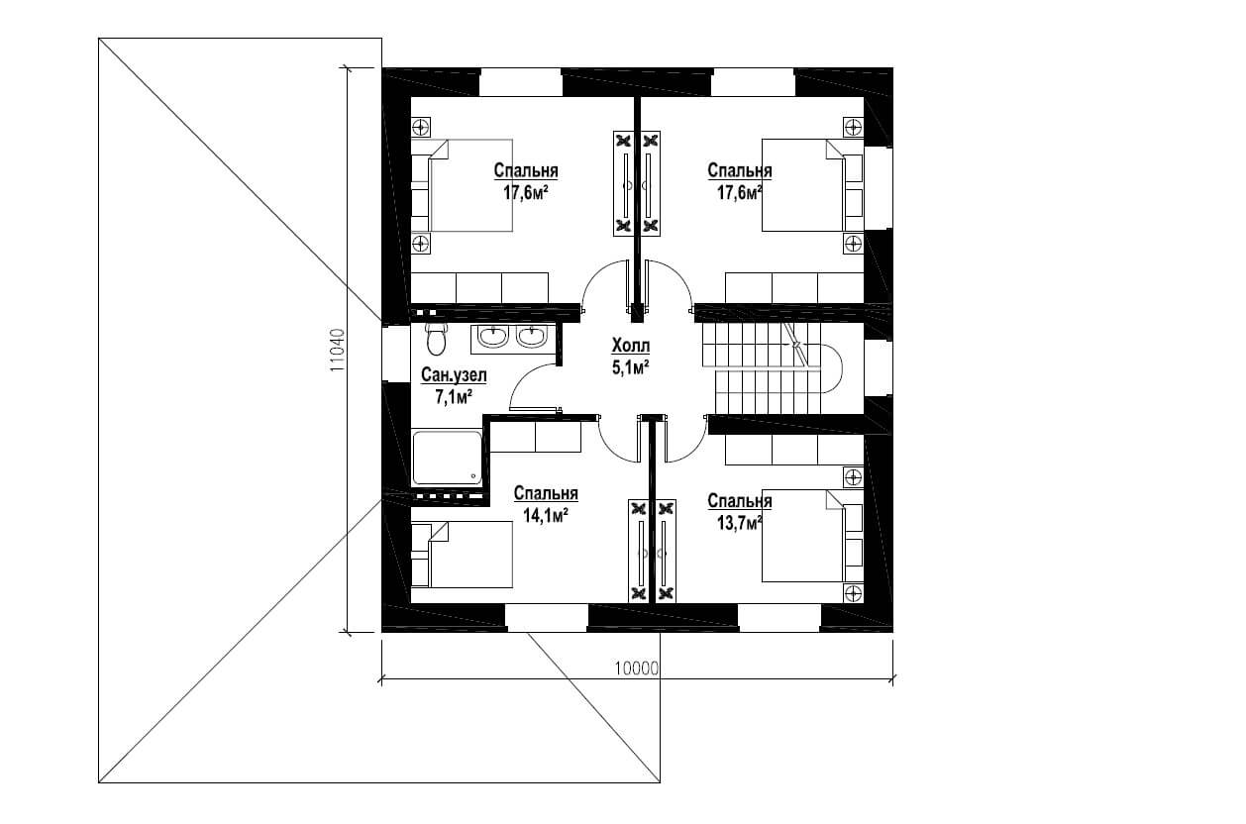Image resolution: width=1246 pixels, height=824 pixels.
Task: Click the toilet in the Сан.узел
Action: tap(436, 339)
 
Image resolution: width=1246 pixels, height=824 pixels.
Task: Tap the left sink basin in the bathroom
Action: tap(493, 337)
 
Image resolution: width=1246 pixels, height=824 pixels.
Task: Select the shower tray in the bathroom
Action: tap(448, 458)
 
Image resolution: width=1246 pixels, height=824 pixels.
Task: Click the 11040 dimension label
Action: tap(337, 351)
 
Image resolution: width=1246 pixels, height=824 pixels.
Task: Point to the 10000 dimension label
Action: tap(636, 668)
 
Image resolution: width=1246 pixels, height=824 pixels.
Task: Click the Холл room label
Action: tap(631, 346)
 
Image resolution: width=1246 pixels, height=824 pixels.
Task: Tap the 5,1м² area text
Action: tap(631, 367)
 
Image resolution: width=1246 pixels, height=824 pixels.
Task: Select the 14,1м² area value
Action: tap(545, 515)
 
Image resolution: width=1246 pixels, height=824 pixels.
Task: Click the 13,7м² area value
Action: tap(739, 524)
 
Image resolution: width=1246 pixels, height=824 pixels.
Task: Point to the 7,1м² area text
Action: tap(454, 397)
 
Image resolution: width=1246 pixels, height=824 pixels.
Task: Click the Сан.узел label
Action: tap(454, 375)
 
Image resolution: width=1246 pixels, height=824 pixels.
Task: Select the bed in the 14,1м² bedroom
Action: tap(462, 555)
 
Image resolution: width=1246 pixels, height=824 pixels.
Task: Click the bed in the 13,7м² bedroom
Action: tap(812, 536)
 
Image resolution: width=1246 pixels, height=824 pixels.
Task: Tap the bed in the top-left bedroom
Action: tap(462, 185)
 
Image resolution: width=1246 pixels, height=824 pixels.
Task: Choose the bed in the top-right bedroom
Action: tap(812, 185)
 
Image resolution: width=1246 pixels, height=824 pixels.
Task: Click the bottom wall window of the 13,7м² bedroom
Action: tap(779, 618)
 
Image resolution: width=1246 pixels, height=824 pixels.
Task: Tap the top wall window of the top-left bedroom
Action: tap(521, 82)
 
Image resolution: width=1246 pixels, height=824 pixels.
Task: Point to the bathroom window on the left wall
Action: tap(396, 353)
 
